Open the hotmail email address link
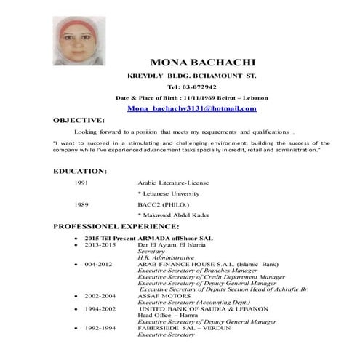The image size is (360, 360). [x=191, y=108]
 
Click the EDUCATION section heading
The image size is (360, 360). [x=80, y=171]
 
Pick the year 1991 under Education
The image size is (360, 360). [x=82, y=183]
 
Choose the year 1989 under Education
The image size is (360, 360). [x=82, y=205]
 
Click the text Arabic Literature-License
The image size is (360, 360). [x=172, y=183]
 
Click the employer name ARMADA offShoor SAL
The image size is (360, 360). [x=175, y=239]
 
